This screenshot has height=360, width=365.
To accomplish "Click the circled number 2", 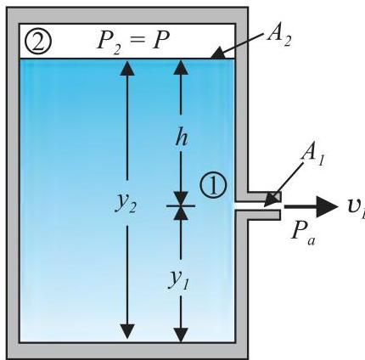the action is pos(38,41).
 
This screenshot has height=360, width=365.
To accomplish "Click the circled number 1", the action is pos(213,185).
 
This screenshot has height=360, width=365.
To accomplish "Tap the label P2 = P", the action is pos(133,40).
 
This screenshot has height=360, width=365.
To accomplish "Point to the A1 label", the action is pos(312,155).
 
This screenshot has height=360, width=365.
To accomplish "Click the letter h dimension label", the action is pos(181,138).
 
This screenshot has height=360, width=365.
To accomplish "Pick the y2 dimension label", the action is pos(126,202).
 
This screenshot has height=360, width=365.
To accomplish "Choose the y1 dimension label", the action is pos(178,280).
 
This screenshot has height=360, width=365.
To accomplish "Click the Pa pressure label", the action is pos(304,232).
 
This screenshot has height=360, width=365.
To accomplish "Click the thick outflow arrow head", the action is pos(327,206).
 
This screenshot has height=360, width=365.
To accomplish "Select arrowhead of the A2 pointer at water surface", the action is pos(218,53).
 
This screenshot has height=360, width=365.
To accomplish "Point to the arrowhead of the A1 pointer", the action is pos(271,200).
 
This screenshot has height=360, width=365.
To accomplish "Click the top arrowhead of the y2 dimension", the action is pos(127,68).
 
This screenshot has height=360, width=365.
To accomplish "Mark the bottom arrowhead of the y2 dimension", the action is pos(127,331).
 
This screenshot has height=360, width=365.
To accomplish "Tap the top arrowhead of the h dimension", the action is pos(181,68).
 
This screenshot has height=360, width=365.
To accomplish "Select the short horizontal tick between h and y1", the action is pos(181,205).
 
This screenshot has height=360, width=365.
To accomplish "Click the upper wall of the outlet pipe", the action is pos(264,197).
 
